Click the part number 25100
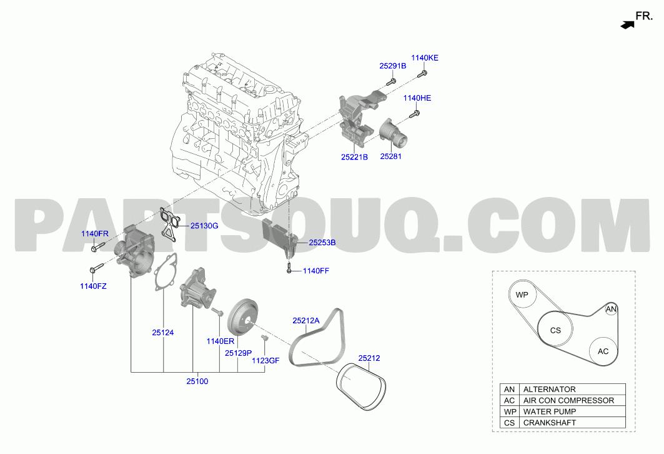tap(197, 381)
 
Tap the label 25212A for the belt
tap(306, 320)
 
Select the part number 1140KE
tap(425, 58)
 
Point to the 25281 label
tap(391, 156)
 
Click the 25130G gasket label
tap(204, 226)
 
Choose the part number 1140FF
tap(316, 270)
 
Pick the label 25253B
tap(322, 243)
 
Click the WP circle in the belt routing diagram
tap(522, 295)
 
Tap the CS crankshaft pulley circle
tap(555, 330)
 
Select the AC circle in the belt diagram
tap(603, 351)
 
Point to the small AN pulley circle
tap(611, 309)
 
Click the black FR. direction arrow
tap(628, 25)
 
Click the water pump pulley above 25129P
tap(242, 318)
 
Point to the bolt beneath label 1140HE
tap(415, 114)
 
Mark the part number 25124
tap(163, 332)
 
